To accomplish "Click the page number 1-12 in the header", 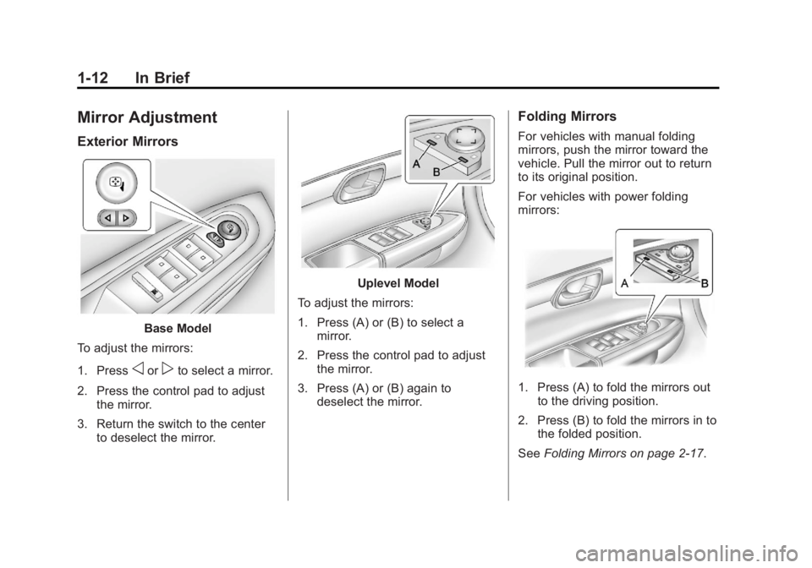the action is pos(93,78).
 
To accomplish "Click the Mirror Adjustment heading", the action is pos(147,117).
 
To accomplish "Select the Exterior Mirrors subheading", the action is pos(128,142).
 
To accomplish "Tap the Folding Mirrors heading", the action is pos(567,117).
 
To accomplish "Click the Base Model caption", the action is pos(178,329).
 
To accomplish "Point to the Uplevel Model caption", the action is pos(398,283).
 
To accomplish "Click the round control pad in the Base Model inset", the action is pos(117,183).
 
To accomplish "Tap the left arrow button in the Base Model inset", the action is pos(108,218).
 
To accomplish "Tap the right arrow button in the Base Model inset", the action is pos(126,218).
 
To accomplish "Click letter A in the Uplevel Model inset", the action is pos(416,164).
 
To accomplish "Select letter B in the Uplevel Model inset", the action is pos(436,172).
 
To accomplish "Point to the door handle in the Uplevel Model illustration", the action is pos(360,182).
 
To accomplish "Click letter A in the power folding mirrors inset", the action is pos(624,283).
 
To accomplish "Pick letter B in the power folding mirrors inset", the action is pos(705,283).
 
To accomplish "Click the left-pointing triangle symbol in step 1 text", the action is pos(137,371).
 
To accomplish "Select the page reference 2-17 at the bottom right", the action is pos(689,454).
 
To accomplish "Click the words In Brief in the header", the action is pos(162,78).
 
